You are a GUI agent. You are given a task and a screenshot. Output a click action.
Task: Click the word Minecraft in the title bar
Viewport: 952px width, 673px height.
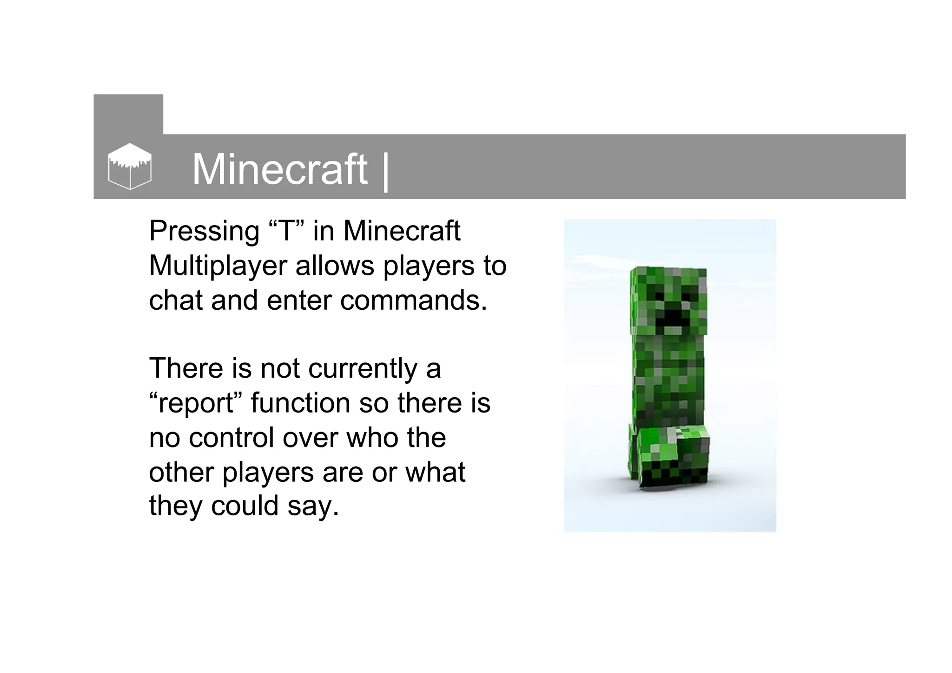[279, 169]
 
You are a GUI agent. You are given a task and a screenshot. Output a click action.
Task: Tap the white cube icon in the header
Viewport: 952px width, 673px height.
[130, 166]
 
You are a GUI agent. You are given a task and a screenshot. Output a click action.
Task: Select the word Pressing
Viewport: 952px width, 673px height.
[204, 232]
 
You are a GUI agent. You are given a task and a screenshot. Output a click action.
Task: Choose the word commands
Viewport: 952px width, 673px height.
[413, 300]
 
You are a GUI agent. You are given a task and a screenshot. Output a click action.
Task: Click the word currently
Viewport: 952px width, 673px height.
[363, 369]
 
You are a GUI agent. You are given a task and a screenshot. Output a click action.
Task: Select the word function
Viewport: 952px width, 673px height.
[300, 403]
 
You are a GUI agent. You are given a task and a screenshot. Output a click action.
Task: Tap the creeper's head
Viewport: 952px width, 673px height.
[668, 300]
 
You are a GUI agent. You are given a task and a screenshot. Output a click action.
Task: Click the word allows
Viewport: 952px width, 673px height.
[335, 266]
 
